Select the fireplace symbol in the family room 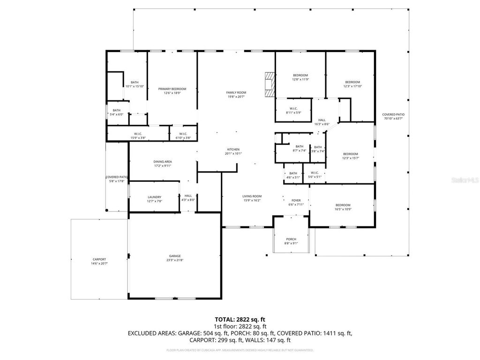270,84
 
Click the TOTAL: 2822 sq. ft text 240,319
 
